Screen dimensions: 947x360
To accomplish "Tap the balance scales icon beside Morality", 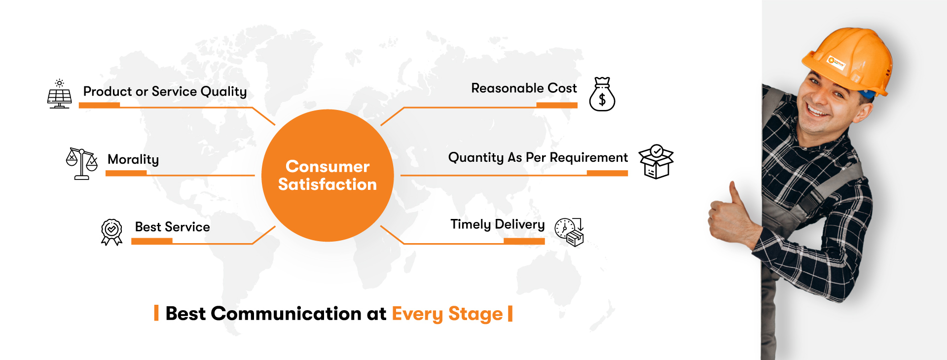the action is point(82,164).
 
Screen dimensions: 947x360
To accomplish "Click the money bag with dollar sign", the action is point(602,94).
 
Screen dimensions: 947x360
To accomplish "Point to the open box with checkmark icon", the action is point(656,162).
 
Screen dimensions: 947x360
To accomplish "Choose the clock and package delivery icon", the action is point(569,232).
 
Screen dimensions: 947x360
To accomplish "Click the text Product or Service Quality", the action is point(165,92).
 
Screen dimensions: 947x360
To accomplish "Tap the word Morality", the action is point(133,160).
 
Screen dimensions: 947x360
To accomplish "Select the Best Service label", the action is point(173,227).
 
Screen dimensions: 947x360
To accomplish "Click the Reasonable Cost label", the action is point(524,88).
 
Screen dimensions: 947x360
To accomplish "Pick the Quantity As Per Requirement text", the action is point(538,158).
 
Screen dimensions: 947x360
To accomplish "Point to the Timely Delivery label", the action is point(498,225).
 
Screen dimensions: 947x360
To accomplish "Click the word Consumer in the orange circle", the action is point(328,167).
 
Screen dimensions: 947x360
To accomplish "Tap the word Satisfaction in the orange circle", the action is point(328,184).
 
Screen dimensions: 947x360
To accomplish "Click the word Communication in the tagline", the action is point(286,314).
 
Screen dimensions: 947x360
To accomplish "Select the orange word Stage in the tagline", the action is point(475,315).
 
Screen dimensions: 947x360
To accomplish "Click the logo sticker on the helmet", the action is point(837,63).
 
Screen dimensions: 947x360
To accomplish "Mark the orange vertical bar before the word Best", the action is point(156,313).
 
